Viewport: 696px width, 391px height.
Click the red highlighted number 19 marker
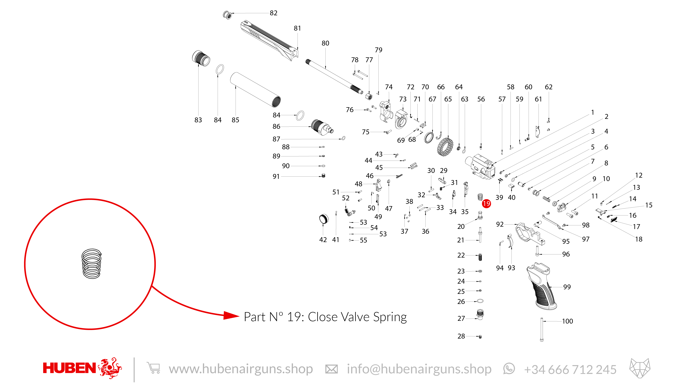coord(486,203)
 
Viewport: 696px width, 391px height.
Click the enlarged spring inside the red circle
coord(92,264)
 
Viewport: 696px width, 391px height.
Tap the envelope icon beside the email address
coord(331,369)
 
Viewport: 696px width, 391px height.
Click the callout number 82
coord(273,13)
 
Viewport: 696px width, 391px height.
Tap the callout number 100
coord(567,321)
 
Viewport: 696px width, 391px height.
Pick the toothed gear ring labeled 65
coord(445,147)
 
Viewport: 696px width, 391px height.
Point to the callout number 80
coord(325,43)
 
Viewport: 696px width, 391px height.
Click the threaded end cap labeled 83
coord(201,58)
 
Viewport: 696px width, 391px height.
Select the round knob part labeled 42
coord(324,219)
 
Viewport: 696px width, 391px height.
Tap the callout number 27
coord(461,318)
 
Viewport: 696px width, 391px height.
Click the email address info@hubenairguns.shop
coord(419,369)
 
